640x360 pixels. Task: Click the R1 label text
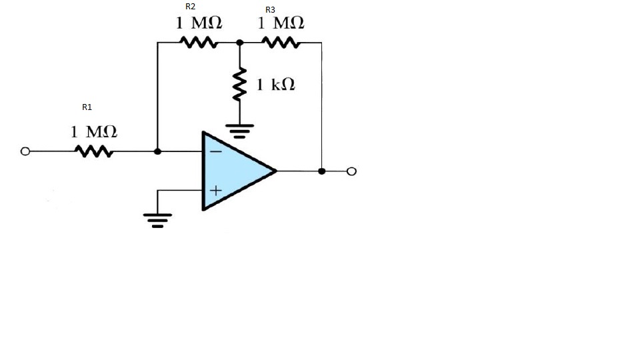point(87,107)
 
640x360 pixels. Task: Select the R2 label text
point(190,6)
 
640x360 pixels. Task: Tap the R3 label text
point(270,9)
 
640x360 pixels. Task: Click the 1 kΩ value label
point(276,85)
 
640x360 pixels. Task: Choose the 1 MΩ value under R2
point(199,23)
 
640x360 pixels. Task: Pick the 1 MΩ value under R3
point(281,23)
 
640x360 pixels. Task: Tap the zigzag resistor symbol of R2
point(199,43)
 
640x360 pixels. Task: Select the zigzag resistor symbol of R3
point(281,43)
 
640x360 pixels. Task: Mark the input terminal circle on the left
point(25,152)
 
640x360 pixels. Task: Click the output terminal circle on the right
point(352,171)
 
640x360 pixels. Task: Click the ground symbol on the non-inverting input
point(157,219)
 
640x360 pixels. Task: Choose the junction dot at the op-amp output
point(322,171)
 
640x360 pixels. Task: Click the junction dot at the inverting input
point(157,152)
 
